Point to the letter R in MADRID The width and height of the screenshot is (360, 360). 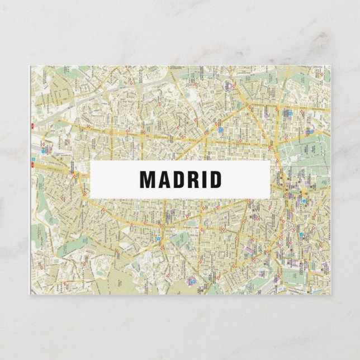193,179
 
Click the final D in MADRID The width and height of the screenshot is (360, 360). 215,179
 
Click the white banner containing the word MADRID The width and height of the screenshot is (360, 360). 180,179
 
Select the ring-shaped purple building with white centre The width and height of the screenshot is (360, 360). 229,86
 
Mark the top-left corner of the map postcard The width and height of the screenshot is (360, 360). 30,66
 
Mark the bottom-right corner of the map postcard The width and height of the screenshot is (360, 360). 330,294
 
